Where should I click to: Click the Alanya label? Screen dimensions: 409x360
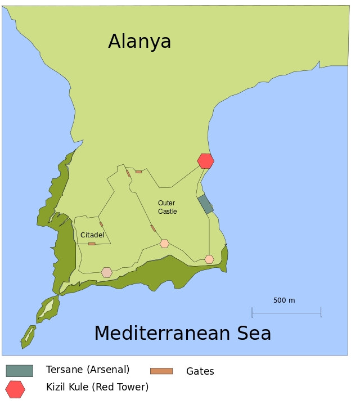139,42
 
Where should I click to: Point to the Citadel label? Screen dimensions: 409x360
92,235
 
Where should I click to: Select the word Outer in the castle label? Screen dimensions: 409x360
166,203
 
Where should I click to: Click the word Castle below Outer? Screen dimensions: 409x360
168,212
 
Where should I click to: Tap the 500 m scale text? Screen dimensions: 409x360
284,300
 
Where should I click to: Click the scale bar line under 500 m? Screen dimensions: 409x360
286,312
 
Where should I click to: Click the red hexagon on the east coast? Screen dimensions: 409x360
206,161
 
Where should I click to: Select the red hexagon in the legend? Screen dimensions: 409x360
15,389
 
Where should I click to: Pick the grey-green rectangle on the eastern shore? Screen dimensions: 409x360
205,204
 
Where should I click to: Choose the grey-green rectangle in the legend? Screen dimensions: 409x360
20,371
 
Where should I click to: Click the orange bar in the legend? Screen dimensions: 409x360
161,371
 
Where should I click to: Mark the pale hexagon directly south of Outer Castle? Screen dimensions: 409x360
164,244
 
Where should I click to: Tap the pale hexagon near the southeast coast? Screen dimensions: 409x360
209,259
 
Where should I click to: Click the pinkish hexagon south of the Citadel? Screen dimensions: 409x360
107,272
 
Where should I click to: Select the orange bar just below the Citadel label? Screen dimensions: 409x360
92,244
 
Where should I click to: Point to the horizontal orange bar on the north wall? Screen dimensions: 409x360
138,172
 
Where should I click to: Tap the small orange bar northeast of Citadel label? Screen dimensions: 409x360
101,224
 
